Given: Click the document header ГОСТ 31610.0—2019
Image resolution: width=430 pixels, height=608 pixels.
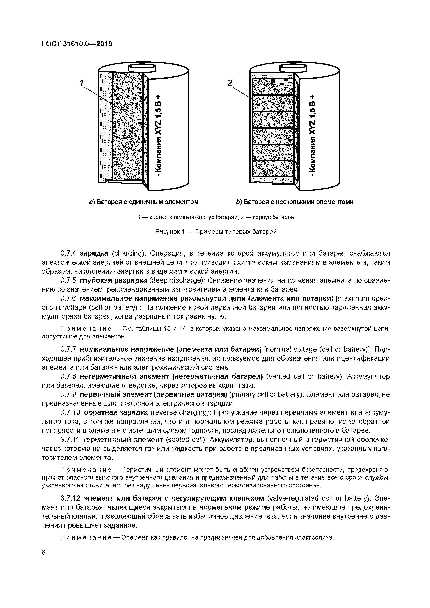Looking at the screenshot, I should (x=77, y=44).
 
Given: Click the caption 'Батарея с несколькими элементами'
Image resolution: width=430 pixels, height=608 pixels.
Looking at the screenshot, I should (x=298, y=202).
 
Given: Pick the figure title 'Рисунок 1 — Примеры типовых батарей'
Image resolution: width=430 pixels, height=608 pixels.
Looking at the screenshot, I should (x=216, y=232).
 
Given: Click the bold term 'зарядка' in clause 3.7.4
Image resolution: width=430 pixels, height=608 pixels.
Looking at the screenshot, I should (x=94, y=253).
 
